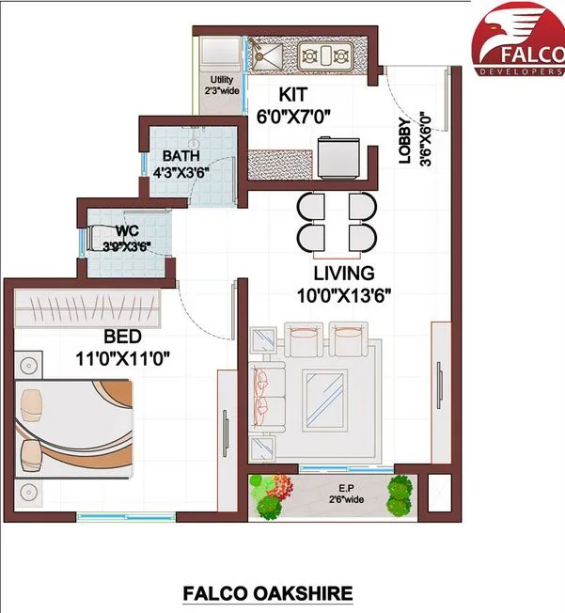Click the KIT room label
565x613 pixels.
click(293, 95)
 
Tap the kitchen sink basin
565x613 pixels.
click(267, 55)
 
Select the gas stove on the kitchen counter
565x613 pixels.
click(325, 56)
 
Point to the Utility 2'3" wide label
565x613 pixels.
click(222, 86)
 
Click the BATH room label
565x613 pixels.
click(181, 156)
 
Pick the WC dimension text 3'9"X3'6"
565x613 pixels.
click(127, 246)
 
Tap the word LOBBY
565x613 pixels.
click(404, 140)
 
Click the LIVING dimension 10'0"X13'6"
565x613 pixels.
click(344, 296)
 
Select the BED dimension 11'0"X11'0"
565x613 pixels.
click(122, 359)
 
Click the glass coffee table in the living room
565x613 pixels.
click(325, 401)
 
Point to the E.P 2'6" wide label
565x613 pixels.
click(346, 494)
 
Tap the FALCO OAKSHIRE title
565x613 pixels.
click(267, 593)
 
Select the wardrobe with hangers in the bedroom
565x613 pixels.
click(87, 308)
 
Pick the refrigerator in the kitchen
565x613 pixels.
click(338, 157)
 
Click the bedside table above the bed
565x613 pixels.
click(28, 365)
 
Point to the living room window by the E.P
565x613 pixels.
click(347, 468)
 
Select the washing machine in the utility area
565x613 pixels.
click(220, 50)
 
